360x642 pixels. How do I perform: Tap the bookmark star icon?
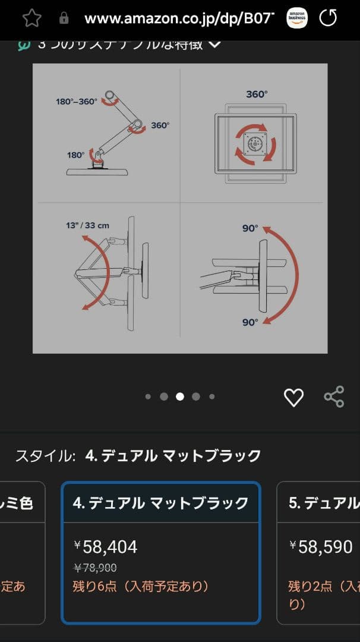[32, 18]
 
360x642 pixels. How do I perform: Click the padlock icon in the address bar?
[64, 18]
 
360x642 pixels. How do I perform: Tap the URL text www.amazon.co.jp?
[178, 18]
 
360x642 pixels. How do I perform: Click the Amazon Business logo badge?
[297, 18]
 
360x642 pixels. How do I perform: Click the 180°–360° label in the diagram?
[77, 102]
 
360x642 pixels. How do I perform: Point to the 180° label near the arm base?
[75, 155]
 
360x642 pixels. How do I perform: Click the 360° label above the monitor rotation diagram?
[257, 94]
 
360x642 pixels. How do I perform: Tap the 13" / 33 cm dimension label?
[88, 225]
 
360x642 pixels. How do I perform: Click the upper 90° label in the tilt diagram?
[250, 228]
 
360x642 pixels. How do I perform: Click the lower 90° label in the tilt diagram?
[250, 322]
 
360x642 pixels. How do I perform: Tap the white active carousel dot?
[180, 396]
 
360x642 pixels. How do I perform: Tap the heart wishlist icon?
[293, 397]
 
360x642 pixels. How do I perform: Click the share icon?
[334, 396]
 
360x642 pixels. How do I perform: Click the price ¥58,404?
[106, 547]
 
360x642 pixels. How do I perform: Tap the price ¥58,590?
[321, 547]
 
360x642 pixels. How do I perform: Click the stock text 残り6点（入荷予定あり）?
[141, 587]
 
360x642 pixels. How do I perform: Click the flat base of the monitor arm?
[97, 171]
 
